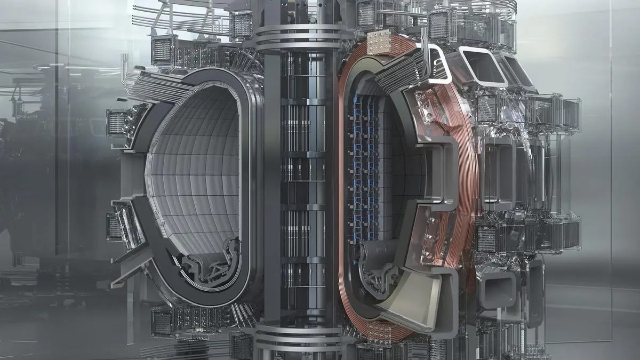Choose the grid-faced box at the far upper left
click(x=164, y=50)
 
